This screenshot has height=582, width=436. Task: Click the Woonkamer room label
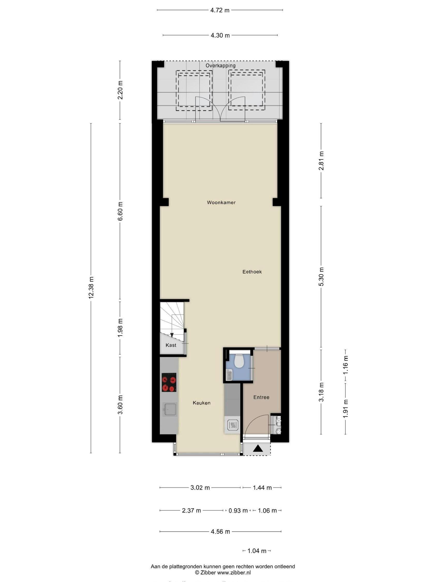click(221, 202)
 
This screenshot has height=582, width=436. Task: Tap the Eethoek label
click(252, 271)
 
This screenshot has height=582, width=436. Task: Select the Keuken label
click(201, 403)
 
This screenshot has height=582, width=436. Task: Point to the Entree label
click(261, 397)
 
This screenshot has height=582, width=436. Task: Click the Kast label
click(171, 345)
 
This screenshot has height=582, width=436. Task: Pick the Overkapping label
click(220, 66)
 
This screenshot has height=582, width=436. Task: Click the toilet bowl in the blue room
click(239, 361)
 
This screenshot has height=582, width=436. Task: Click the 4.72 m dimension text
click(220, 10)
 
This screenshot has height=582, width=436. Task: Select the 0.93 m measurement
click(238, 511)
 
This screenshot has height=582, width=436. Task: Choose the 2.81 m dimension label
click(321, 161)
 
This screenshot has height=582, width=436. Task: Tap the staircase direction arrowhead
click(172, 335)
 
